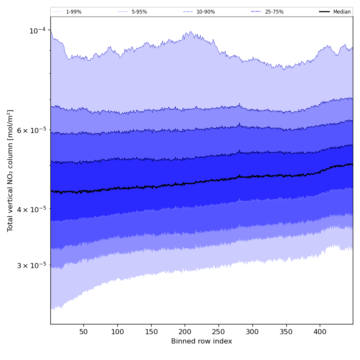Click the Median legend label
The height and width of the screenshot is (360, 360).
tap(342, 12)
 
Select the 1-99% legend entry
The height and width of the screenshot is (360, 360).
tap(73, 12)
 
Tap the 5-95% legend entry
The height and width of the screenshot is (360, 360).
tap(139, 12)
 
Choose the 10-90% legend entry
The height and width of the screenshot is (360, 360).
tap(205, 12)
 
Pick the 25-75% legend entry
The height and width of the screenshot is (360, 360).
tap(274, 12)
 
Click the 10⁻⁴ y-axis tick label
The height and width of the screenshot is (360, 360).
tap(37, 30)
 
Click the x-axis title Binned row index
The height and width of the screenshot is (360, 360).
tap(202, 341)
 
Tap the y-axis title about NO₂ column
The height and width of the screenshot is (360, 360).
tap(11, 170)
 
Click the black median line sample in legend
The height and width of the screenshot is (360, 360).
tap(324, 12)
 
